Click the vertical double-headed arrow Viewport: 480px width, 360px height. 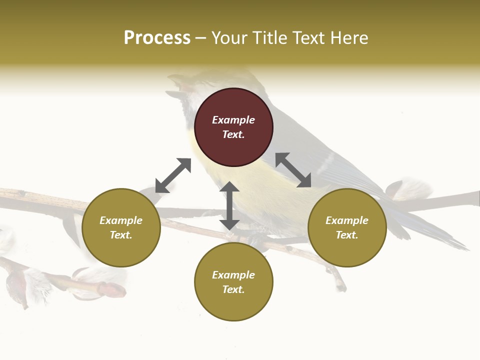(x=229, y=206)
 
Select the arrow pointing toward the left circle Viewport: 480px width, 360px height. (x=173, y=175)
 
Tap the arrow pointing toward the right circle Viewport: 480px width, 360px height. (x=293, y=170)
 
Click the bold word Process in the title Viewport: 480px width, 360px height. (x=157, y=37)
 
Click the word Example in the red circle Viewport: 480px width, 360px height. (x=233, y=120)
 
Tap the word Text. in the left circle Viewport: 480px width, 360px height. (x=121, y=235)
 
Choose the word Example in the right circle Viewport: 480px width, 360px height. (x=347, y=220)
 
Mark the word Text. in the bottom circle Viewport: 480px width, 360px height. (x=233, y=289)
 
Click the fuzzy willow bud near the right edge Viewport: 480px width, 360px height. (x=410, y=189)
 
